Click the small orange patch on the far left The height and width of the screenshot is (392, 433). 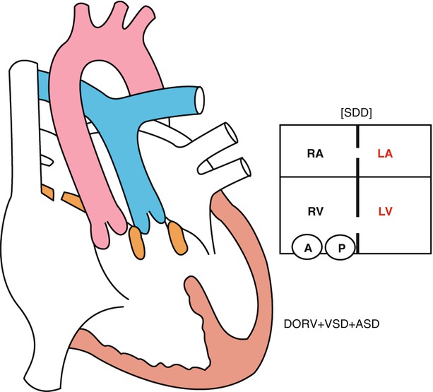point(47,191)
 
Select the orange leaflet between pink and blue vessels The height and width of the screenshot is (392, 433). point(136,239)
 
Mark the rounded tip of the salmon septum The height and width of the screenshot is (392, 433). point(194,286)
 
